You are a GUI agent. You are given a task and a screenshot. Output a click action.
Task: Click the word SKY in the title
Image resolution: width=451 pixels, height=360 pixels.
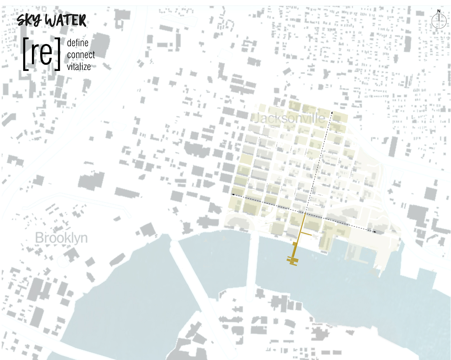point(29,21)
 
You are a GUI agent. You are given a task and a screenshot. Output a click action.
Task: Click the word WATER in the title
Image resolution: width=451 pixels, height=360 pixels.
point(66,21)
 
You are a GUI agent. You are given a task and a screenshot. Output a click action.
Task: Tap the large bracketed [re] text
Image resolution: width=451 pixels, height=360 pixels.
point(41,54)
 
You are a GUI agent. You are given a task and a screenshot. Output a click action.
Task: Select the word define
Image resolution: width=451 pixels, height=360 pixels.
point(78,43)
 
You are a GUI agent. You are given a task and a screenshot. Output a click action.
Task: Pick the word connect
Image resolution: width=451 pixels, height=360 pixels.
point(81,55)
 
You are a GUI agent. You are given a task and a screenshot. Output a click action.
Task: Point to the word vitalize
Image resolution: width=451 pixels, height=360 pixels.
point(79,67)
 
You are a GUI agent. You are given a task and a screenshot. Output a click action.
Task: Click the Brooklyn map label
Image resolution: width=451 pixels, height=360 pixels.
point(61,238)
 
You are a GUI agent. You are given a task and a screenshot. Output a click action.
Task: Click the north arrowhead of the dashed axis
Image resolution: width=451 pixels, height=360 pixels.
point(332,112)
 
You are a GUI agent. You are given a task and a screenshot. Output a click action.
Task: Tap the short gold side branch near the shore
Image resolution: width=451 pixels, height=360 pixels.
point(306,234)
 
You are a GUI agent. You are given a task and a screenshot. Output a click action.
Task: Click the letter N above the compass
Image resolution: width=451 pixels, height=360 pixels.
point(439,11)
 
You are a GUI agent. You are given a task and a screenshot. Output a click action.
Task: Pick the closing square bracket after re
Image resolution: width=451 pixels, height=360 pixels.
point(57,54)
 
